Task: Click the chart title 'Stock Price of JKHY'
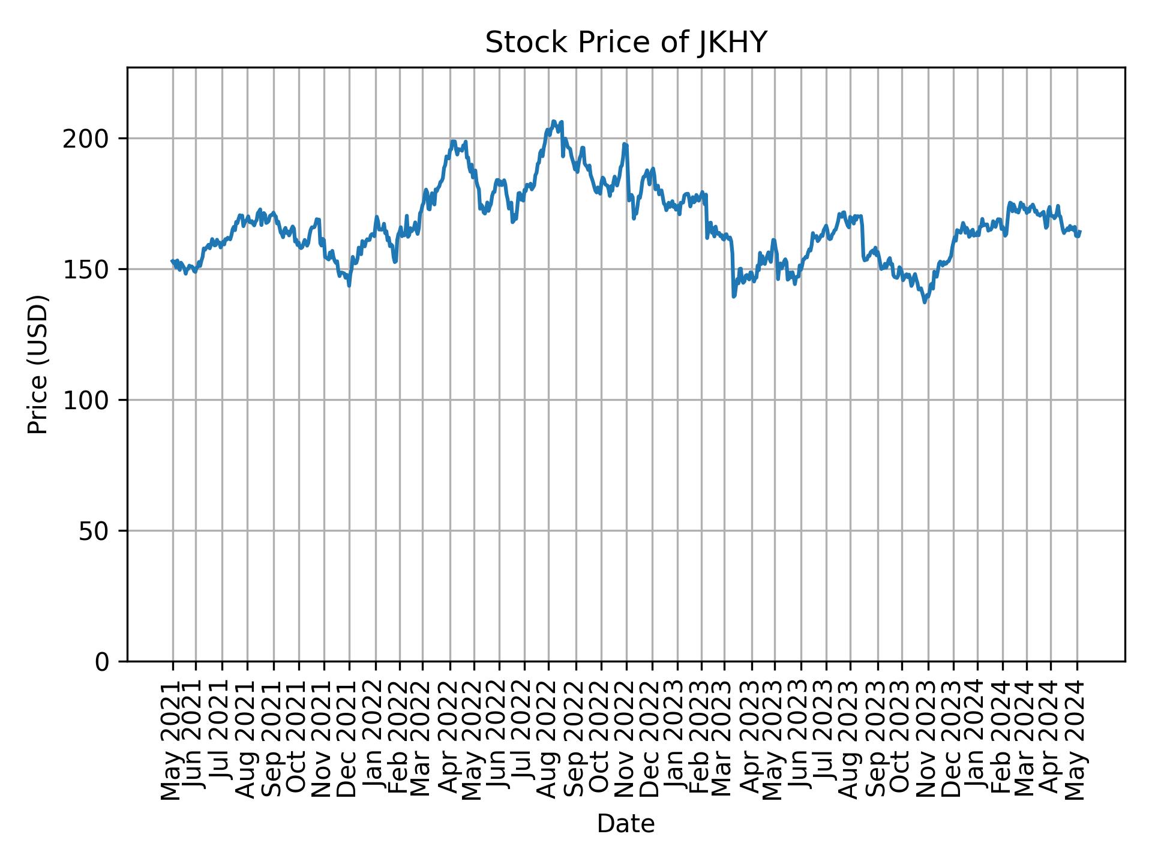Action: tap(626, 43)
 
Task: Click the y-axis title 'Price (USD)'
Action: tap(38, 364)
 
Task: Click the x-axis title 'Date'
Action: tap(626, 824)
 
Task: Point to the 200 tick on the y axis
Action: tap(90, 139)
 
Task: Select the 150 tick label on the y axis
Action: tap(90, 269)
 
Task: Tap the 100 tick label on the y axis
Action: tap(90, 400)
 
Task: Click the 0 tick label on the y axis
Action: tap(103, 661)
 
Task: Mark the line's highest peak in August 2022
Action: tap(554, 121)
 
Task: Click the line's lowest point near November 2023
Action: tap(925, 302)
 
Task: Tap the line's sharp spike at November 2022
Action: tap(625, 144)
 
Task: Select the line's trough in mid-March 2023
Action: tap(733, 296)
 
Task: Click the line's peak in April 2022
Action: tap(454, 142)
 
